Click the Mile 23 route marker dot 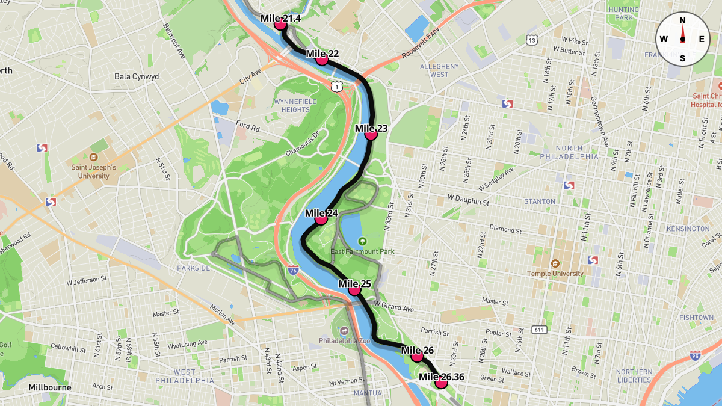coord(371,135)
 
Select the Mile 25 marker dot coord(354,290)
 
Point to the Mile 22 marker coord(322,60)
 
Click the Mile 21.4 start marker coord(280,25)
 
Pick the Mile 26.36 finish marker coord(442,383)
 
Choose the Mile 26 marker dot coord(417,356)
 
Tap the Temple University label coord(555,273)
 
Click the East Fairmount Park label coord(363,251)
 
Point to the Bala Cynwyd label coord(137,77)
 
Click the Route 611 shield coord(538,330)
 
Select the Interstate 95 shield coord(696,356)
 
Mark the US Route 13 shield coord(531,40)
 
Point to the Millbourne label coord(50,387)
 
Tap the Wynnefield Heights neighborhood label coord(295,106)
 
